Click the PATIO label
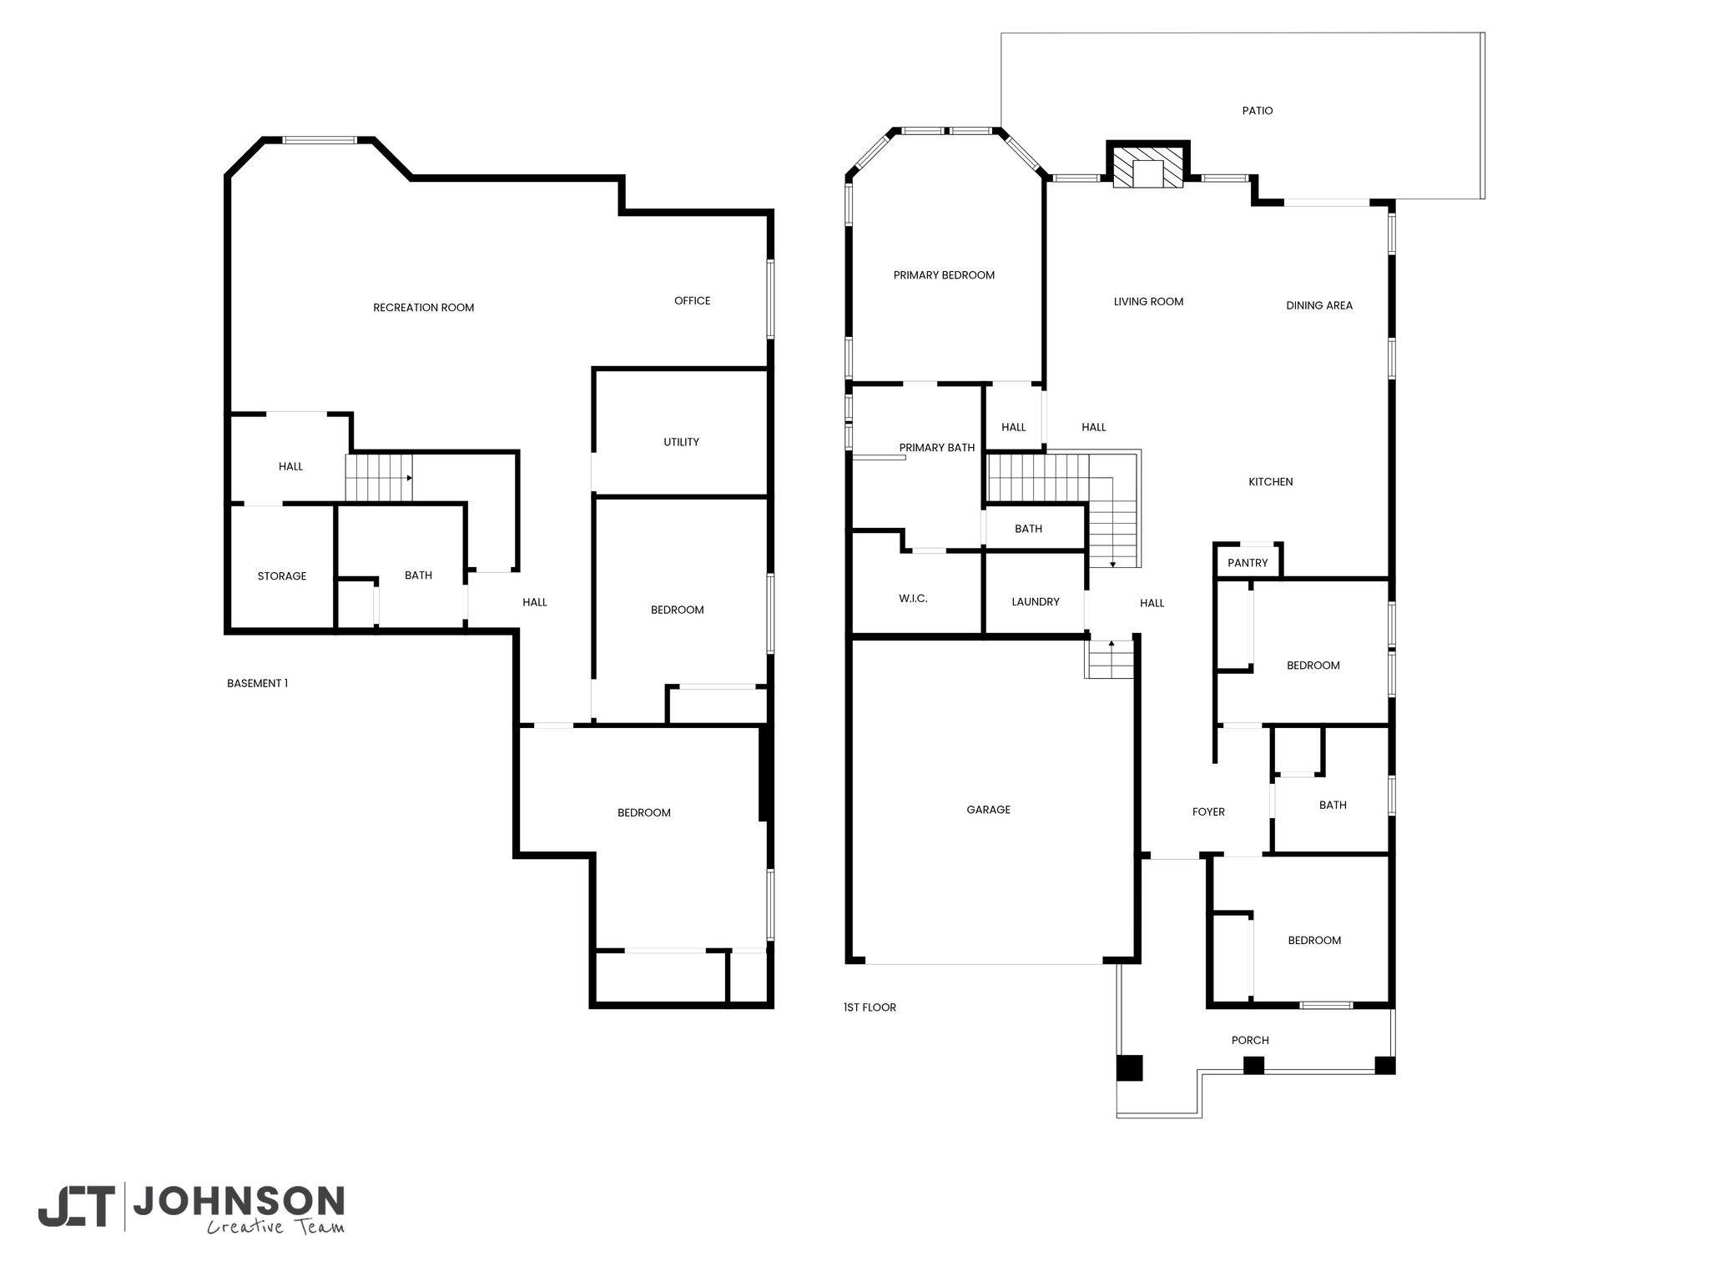point(1257,111)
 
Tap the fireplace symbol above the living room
point(1148,168)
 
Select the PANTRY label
point(1248,563)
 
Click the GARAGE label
point(988,810)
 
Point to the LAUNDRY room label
point(1035,602)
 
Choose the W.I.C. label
point(913,599)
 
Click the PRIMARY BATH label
point(936,448)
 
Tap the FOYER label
point(1208,812)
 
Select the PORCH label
point(1250,1041)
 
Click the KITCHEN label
point(1270,482)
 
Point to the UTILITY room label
point(681,442)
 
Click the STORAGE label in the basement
point(281,576)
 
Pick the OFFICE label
point(692,301)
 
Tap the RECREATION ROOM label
point(423,308)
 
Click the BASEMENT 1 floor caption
point(257,684)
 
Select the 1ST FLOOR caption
point(870,1007)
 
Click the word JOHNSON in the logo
point(239,1202)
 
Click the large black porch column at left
point(1130,1068)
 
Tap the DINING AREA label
point(1318,306)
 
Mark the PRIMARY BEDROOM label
point(944,275)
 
